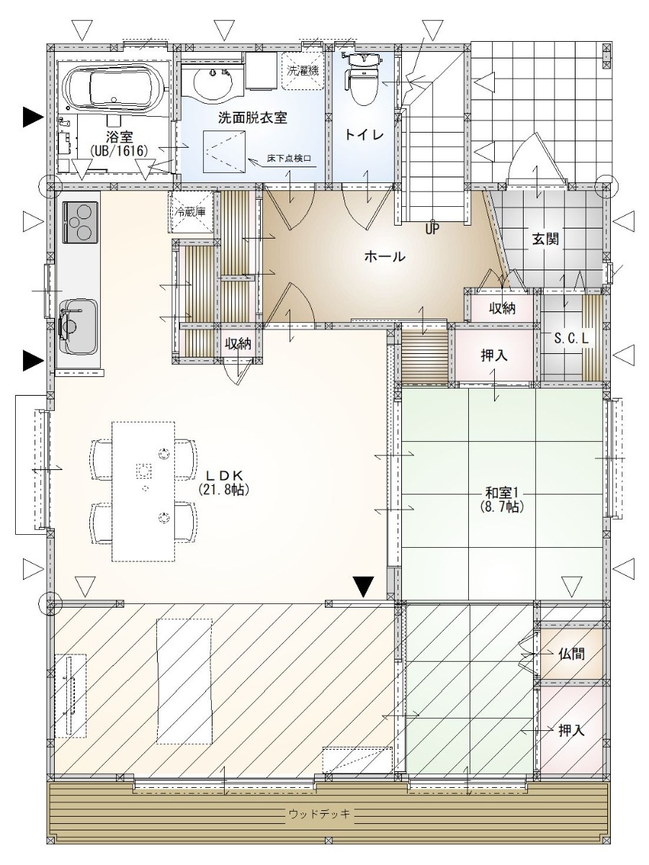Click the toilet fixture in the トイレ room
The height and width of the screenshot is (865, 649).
tap(362, 79)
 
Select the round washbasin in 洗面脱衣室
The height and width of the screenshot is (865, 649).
tap(213, 81)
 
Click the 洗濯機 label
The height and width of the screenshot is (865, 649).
tap(303, 71)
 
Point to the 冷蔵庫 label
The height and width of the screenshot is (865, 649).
tap(191, 212)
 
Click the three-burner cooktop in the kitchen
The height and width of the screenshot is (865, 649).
tap(80, 222)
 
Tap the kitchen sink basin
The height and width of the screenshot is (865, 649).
tap(78, 327)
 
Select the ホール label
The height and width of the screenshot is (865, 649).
tap(385, 257)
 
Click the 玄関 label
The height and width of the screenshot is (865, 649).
tap(545, 239)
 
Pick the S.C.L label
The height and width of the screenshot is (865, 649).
tap(571, 338)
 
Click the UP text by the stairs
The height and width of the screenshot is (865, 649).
tap(431, 229)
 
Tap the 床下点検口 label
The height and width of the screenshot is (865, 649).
tap(289, 159)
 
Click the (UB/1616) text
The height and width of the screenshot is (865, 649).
tap(119, 150)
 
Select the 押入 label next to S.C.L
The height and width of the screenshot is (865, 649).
tap(494, 356)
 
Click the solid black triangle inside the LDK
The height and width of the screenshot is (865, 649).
tap(363, 587)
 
